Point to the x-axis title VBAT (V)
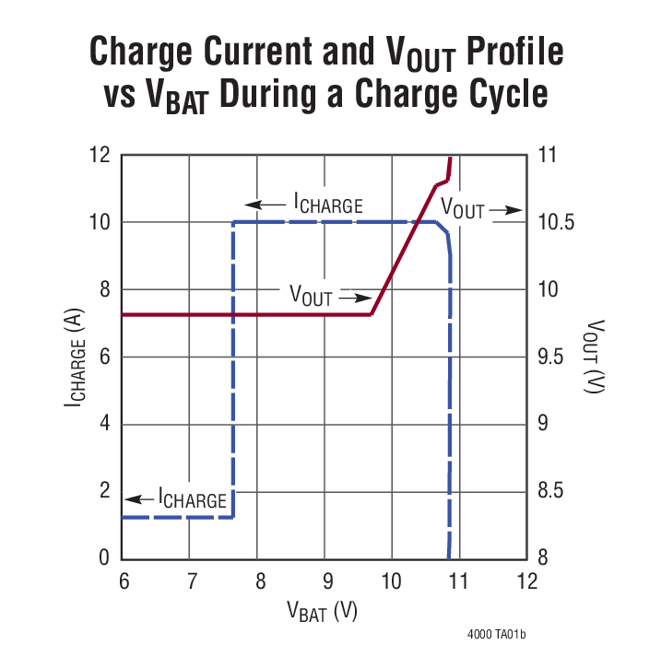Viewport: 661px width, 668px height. click(324, 610)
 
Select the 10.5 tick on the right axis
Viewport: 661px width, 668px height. click(556, 222)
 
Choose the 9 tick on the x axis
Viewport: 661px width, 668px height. click(325, 581)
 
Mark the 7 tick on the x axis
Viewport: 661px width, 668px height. click(190, 581)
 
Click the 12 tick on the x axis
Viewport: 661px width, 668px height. click(526, 581)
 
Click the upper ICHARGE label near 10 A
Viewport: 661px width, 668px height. click(328, 205)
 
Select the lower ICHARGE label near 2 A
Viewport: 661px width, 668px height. click(193, 500)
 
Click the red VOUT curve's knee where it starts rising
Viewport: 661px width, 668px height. click(372, 314)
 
